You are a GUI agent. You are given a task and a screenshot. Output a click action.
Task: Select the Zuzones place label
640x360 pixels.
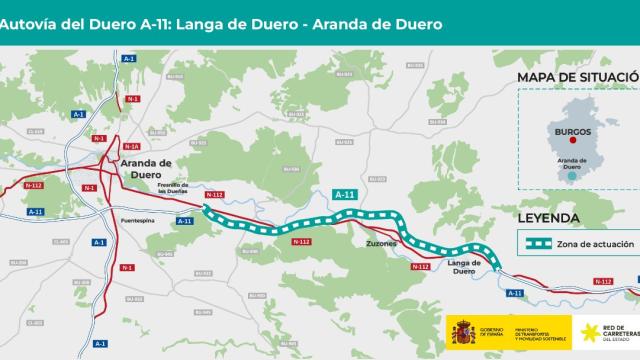381,243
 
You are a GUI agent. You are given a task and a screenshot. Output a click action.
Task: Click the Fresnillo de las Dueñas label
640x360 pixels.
180,187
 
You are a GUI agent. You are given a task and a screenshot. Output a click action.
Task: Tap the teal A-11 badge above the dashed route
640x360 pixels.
344,194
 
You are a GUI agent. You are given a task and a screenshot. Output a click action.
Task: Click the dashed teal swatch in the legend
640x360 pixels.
541,243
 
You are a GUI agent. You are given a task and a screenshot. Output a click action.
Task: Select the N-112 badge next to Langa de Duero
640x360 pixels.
420,267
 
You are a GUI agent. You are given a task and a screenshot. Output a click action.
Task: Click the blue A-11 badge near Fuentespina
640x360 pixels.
185,221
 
